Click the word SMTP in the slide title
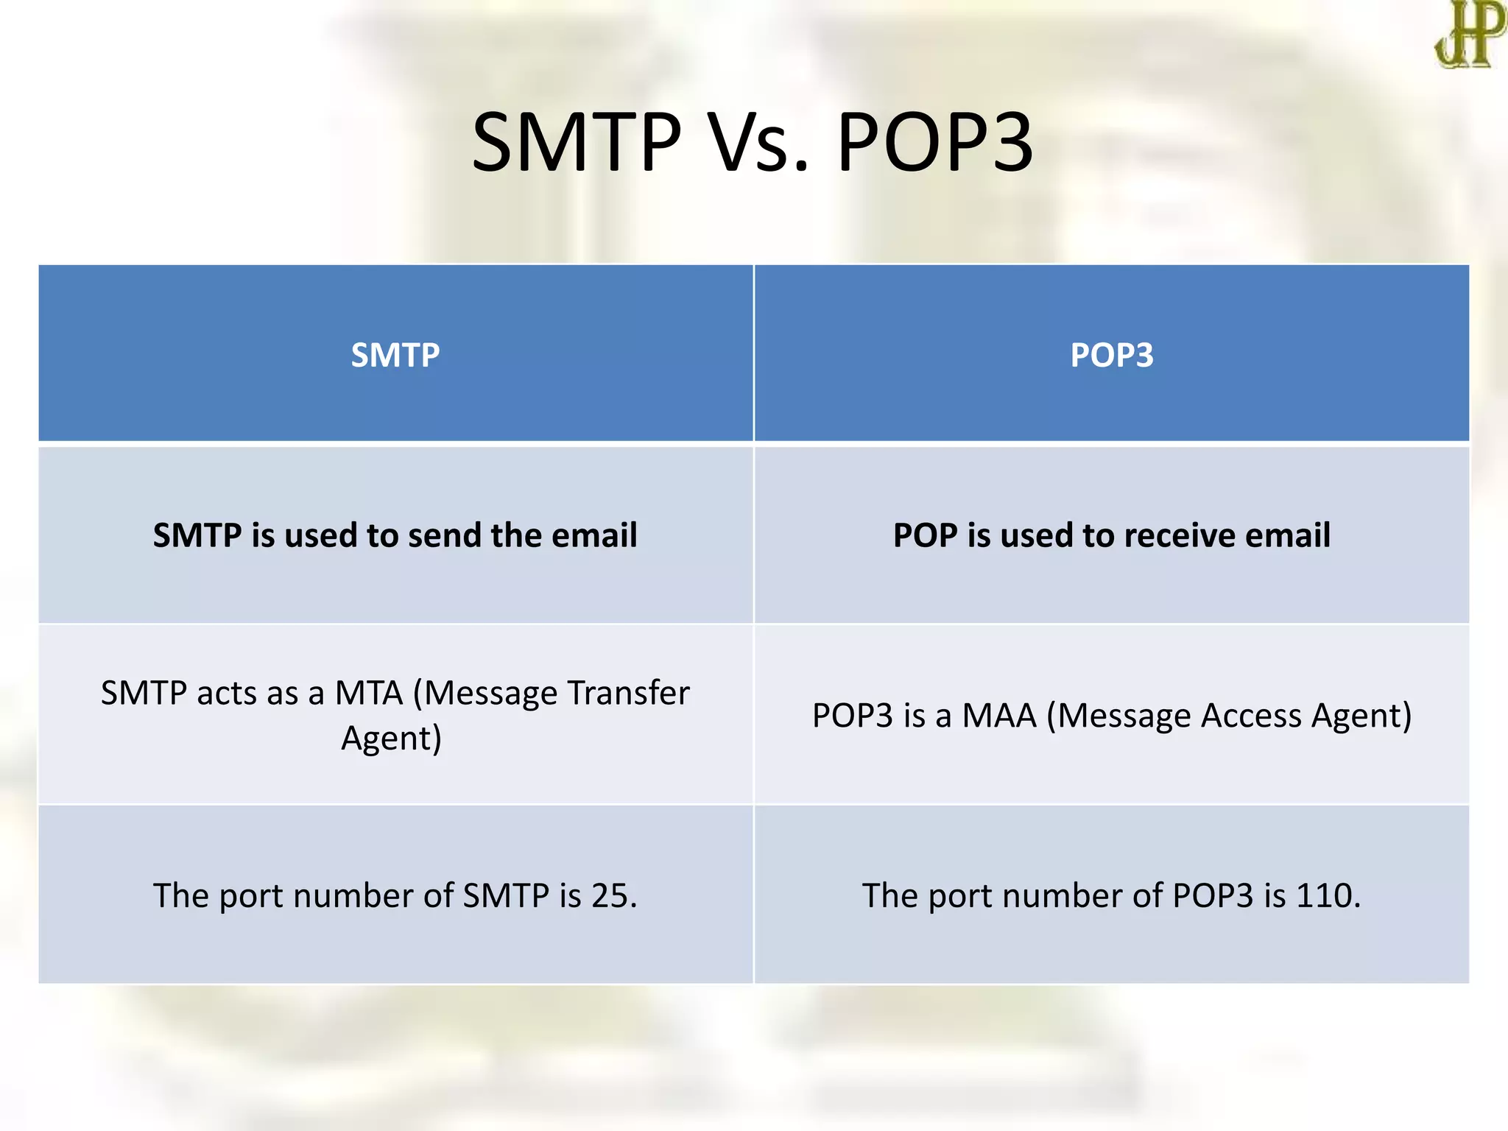click(577, 141)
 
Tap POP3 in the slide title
click(935, 141)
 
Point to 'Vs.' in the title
click(758, 141)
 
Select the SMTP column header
click(395, 355)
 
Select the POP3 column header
click(1112, 355)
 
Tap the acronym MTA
click(369, 693)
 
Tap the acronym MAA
click(999, 716)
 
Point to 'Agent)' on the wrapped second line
click(391, 739)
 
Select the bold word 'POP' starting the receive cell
click(926, 535)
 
